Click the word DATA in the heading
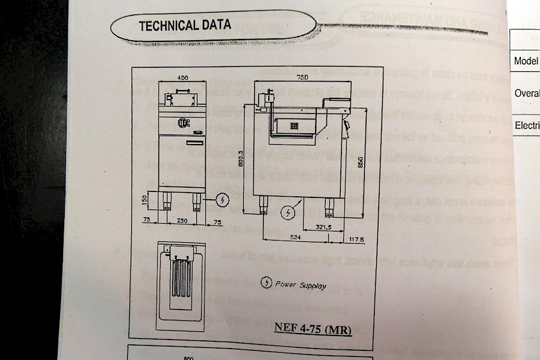[215, 25]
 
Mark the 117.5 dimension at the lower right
[358, 239]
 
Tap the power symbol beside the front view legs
[222, 198]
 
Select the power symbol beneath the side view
[289, 213]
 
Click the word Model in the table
[526, 61]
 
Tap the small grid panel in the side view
[295, 126]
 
